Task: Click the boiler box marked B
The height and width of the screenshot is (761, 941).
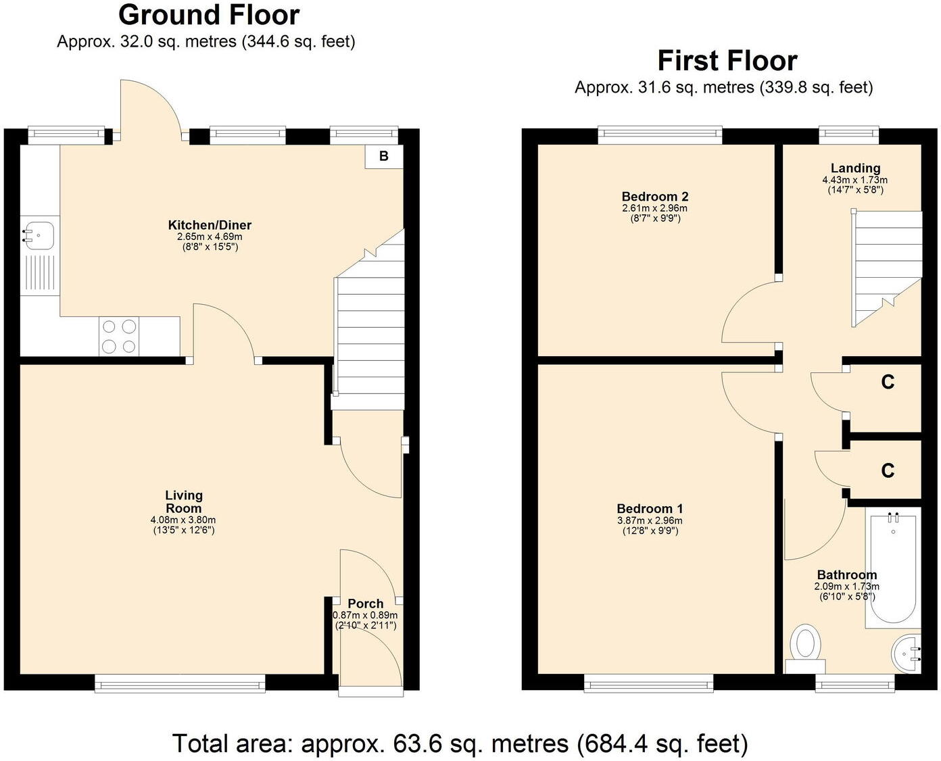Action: click(383, 156)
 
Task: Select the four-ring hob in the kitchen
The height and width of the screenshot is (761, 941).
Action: click(119, 336)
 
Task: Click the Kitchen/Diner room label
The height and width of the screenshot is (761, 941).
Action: click(210, 225)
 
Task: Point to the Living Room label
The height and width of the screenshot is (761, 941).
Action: click(183, 502)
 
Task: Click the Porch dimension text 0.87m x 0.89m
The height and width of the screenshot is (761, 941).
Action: click(365, 616)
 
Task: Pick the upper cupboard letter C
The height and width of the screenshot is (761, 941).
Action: click(888, 383)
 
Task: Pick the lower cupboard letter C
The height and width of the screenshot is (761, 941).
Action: click(888, 470)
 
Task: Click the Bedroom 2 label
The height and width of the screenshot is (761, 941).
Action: click(654, 197)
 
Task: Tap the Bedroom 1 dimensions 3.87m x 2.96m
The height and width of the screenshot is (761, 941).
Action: click(650, 521)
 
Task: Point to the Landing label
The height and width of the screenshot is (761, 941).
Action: click(855, 168)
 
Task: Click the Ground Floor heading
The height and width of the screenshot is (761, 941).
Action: click(209, 15)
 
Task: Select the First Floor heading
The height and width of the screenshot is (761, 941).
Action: click(727, 61)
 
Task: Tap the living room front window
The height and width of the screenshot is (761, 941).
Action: click(180, 686)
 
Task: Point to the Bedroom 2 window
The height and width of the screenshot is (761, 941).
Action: click(660, 134)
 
